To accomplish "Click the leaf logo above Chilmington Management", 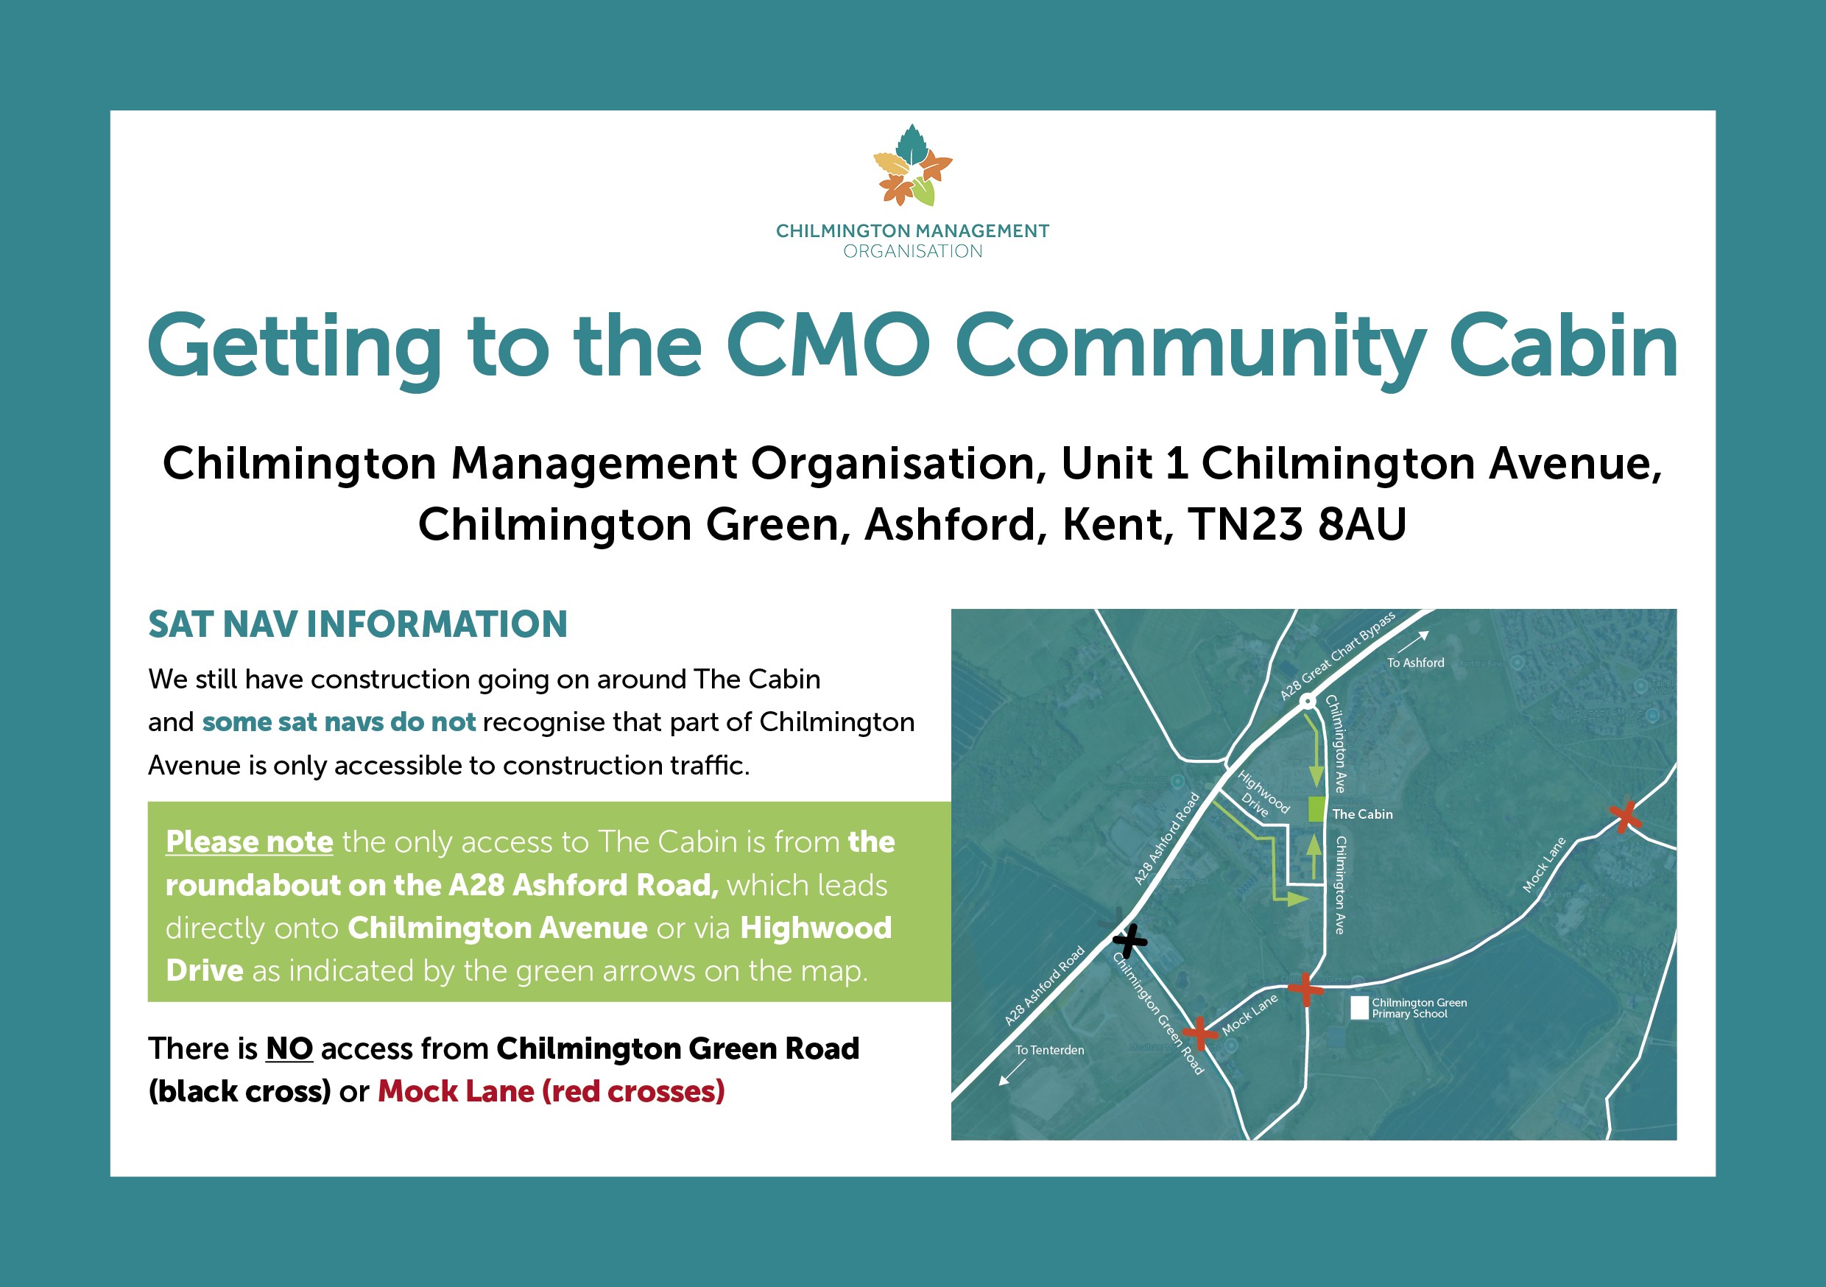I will (912, 166).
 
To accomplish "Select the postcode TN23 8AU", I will (1297, 525).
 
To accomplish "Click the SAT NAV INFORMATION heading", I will (358, 624).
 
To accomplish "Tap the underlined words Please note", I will (249, 842).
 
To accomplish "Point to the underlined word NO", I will (289, 1049).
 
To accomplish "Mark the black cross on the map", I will (1129, 941).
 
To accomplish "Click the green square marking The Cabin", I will (1316, 809).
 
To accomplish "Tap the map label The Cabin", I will (1362, 814).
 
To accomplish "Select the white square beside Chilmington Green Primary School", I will (1359, 1008).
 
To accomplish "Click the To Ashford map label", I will (1416, 663).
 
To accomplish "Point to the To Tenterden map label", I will (1049, 1050).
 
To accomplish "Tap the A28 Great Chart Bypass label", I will (1337, 656).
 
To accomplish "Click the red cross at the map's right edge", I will (1625, 816).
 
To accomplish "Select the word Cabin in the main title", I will (1562, 347).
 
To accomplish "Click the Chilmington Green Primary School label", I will (1419, 1008).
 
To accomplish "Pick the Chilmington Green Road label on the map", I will (1158, 1014).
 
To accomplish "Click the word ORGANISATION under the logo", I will (912, 251).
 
